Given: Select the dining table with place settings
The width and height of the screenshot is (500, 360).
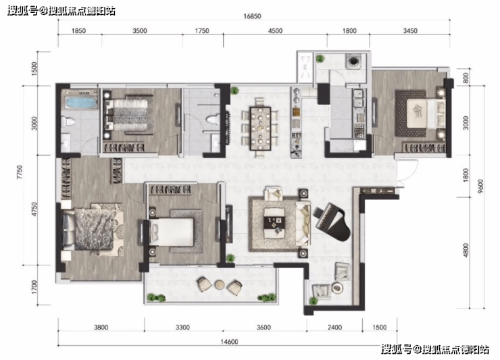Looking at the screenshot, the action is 261,128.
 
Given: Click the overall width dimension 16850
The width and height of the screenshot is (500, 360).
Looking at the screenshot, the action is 252,16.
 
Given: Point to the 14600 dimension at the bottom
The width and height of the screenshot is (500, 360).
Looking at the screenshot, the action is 229,342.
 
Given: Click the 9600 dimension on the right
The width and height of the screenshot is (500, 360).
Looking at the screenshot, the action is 480,186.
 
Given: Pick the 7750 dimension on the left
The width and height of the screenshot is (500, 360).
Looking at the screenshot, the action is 20,172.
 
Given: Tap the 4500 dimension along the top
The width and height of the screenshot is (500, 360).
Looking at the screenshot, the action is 275,30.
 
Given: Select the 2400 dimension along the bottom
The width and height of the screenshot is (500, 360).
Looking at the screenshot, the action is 334,327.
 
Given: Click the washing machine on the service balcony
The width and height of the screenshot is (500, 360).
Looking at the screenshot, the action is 353,61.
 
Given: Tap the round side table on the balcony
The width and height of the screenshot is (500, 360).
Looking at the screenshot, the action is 220,284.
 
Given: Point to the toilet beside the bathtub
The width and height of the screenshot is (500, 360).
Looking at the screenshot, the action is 68,122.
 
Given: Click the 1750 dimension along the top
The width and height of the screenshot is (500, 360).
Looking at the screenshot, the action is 201,30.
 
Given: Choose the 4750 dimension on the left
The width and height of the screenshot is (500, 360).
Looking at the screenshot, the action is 34,209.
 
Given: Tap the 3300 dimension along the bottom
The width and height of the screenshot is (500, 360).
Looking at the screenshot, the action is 182,327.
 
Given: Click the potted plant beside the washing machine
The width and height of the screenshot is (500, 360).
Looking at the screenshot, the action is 320,59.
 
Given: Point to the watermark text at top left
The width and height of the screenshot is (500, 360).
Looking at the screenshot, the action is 61,11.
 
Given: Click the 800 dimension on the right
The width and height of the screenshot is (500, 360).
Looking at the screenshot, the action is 466,78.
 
